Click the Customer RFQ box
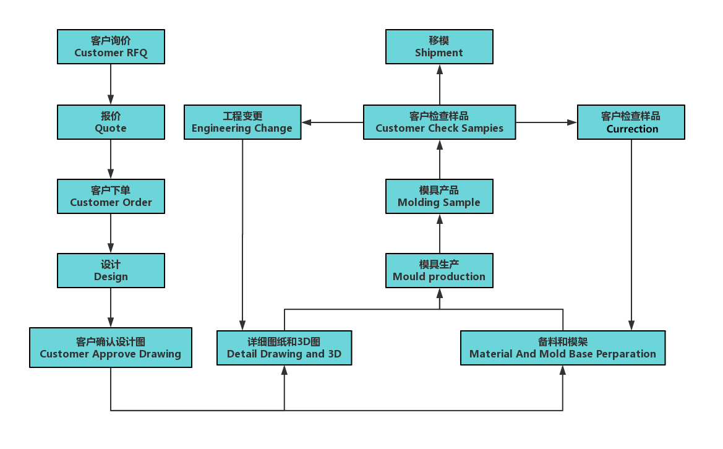(x=111, y=47)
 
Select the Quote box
(x=111, y=122)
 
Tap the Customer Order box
(x=111, y=196)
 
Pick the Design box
(x=111, y=270)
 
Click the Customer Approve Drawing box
(x=110, y=348)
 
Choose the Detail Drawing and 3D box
(x=284, y=348)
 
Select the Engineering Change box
(x=242, y=122)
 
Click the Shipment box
(x=439, y=47)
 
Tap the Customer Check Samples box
(x=439, y=122)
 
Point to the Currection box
(x=631, y=122)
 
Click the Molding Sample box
(x=439, y=196)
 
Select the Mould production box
(x=439, y=270)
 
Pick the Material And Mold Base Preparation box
(x=562, y=348)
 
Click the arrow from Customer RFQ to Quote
(x=111, y=84)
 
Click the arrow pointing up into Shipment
(x=440, y=84)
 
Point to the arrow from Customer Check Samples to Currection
(x=546, y=122)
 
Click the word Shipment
(x=439, y=53)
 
